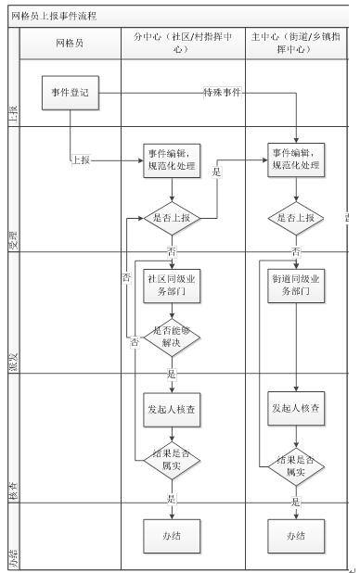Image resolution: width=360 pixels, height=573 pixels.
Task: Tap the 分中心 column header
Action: [x=171, y=44]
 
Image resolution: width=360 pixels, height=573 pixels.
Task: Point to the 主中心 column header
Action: [x=295, y=44]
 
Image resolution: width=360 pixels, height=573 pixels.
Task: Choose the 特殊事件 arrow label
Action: [x=222, y=93]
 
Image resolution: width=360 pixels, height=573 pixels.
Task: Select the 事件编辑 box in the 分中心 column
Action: [x=171, y=159]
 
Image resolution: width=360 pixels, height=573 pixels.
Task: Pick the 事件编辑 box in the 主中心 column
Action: [x=296, y=159]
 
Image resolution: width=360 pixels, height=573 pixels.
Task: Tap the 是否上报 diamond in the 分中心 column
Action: [x=171, y=219]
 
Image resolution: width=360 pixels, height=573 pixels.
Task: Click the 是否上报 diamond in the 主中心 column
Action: [x=296, y=219]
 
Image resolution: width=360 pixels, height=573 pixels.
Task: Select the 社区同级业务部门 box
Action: [x=171, y=285]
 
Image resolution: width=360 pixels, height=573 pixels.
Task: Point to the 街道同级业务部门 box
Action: [x=296, y=285]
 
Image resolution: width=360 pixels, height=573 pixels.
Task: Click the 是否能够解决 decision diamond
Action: [x=171, y=336]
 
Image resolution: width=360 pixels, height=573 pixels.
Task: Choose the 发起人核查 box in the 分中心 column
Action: [x=171, y=408]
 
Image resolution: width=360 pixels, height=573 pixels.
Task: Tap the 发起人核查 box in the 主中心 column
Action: [x=296, y=408]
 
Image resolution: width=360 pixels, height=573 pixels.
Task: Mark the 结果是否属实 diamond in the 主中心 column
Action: [x=296, y=465]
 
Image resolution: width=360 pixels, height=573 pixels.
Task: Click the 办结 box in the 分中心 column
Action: [x=171, y=536]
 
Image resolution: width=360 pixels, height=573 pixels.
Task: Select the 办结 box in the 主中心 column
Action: [x=296, y=536]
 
